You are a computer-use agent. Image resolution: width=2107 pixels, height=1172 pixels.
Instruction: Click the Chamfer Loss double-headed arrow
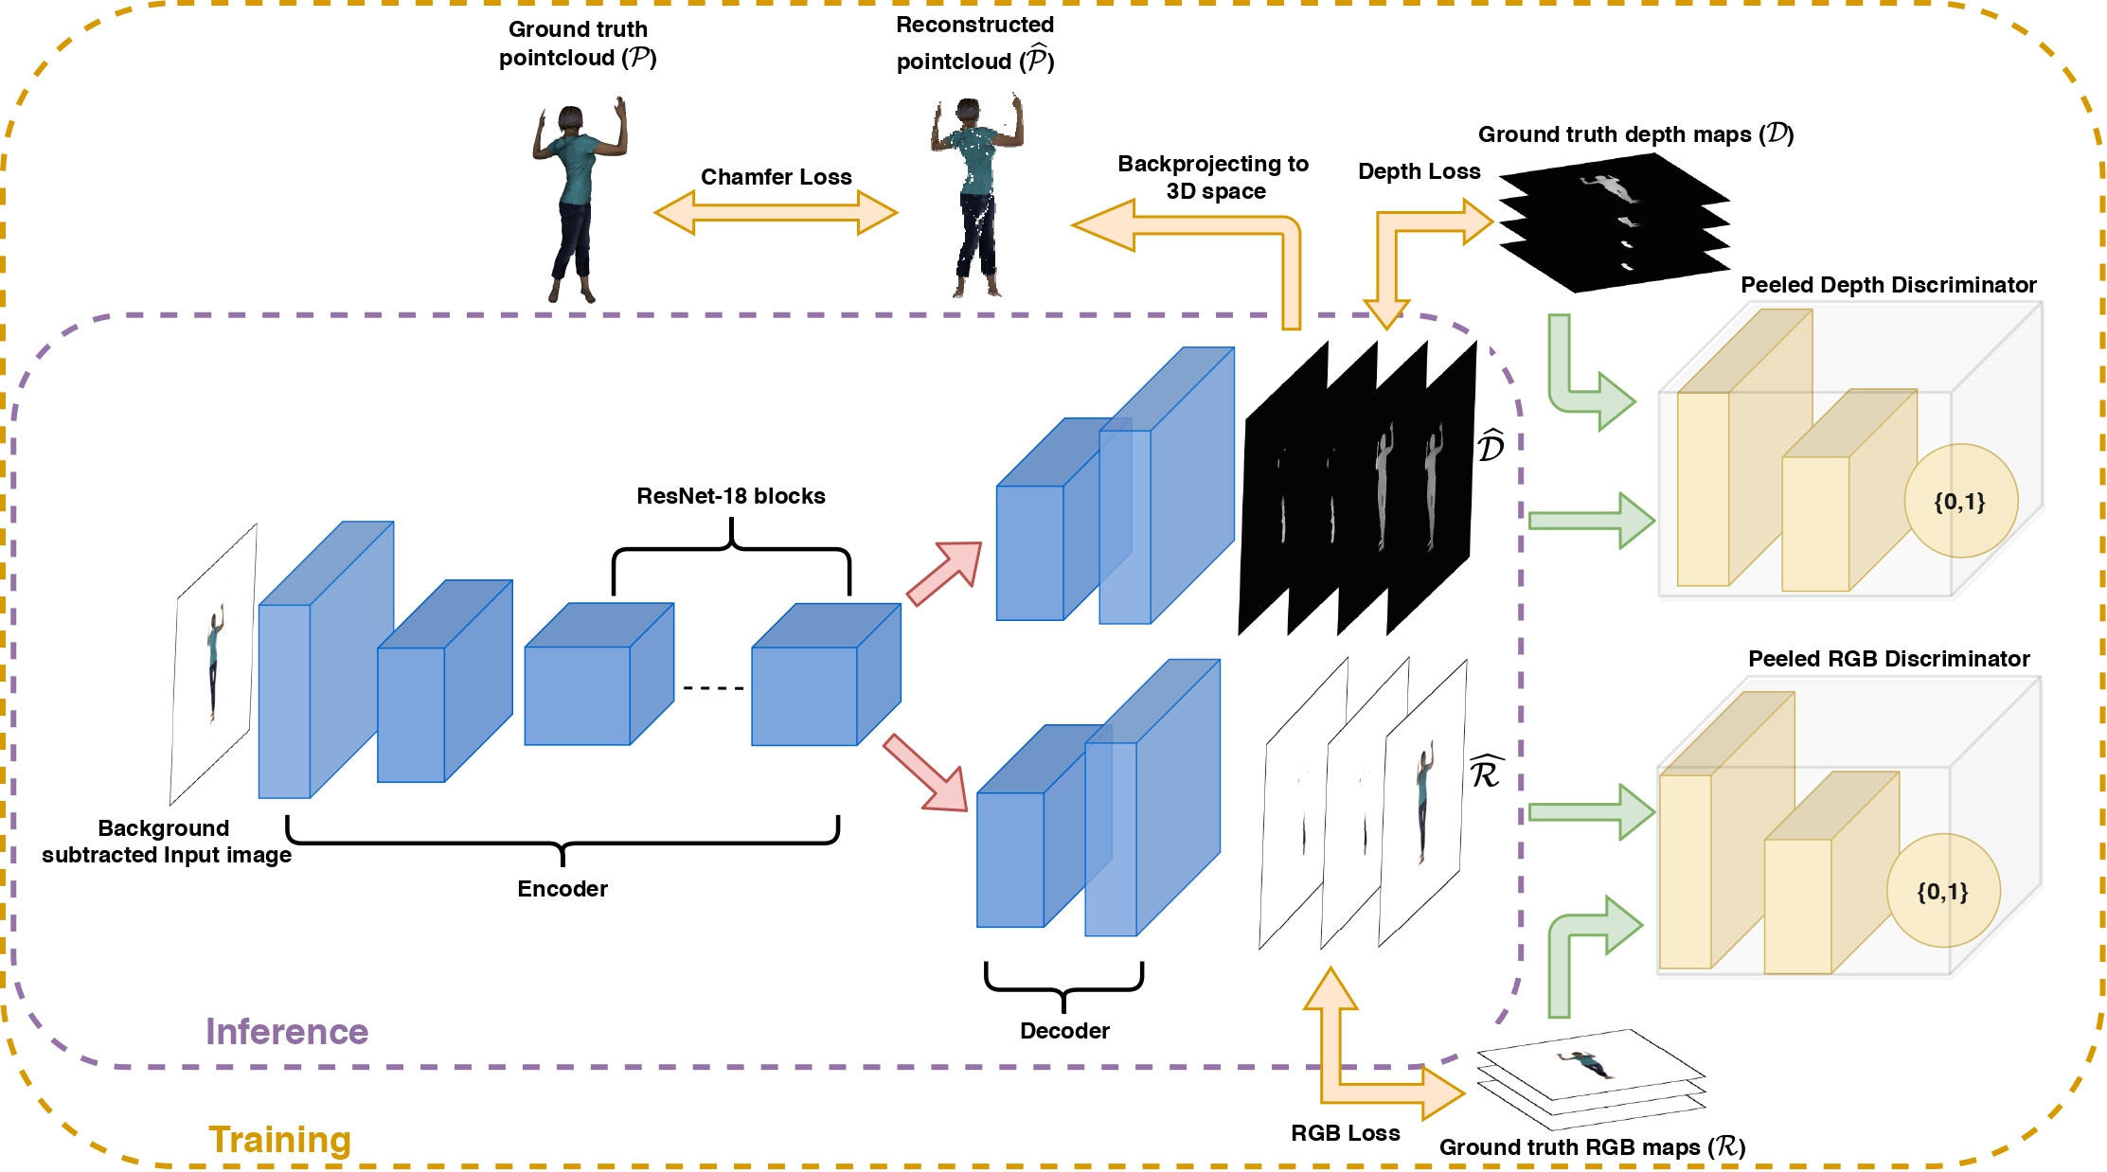click(776, 212)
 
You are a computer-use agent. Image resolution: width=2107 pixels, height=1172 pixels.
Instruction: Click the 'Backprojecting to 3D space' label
click(1214, 177)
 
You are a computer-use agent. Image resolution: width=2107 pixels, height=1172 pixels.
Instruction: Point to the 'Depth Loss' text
click(1419, 171)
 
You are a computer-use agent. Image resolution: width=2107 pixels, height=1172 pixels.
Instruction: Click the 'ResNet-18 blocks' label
click(730, 496)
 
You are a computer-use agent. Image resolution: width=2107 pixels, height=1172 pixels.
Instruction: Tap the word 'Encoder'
click(562, 889)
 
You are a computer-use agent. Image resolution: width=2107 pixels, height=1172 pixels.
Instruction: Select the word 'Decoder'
click(1064, 1031)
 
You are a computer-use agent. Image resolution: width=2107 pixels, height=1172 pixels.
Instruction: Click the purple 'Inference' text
click(287, 1032)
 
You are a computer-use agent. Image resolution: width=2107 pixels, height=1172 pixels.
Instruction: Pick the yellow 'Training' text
click(279, 1140)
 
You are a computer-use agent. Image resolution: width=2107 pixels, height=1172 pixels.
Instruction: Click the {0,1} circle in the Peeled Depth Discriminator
click(1960, 501)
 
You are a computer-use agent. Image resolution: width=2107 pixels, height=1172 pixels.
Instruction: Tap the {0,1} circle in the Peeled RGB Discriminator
click(1943, 891)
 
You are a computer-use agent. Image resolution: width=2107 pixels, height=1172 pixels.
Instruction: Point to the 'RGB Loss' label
click(1345, 1133)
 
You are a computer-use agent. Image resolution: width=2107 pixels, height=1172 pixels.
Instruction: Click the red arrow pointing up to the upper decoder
click(944, 573)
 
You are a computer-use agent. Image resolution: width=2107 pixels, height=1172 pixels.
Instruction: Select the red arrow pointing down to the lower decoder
click(925, 773)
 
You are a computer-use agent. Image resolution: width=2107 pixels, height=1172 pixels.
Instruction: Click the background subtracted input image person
click(215, 663)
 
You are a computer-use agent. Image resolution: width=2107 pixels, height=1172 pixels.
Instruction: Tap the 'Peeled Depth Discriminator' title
click(1888, 285)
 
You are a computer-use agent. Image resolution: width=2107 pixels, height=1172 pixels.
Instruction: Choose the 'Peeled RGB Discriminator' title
click(1888, 659)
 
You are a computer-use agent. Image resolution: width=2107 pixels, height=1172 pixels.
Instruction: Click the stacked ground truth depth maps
click(1615, 223)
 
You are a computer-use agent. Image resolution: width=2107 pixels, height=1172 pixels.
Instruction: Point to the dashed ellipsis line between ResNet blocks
click(713, 688)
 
